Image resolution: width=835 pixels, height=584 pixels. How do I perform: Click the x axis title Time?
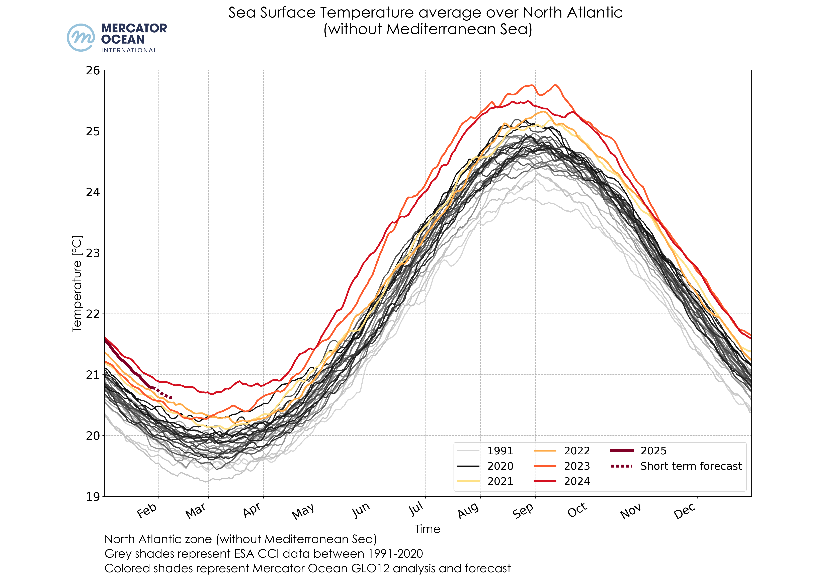point(428,529)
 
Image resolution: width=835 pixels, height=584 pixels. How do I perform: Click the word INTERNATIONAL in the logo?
point(129,50)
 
